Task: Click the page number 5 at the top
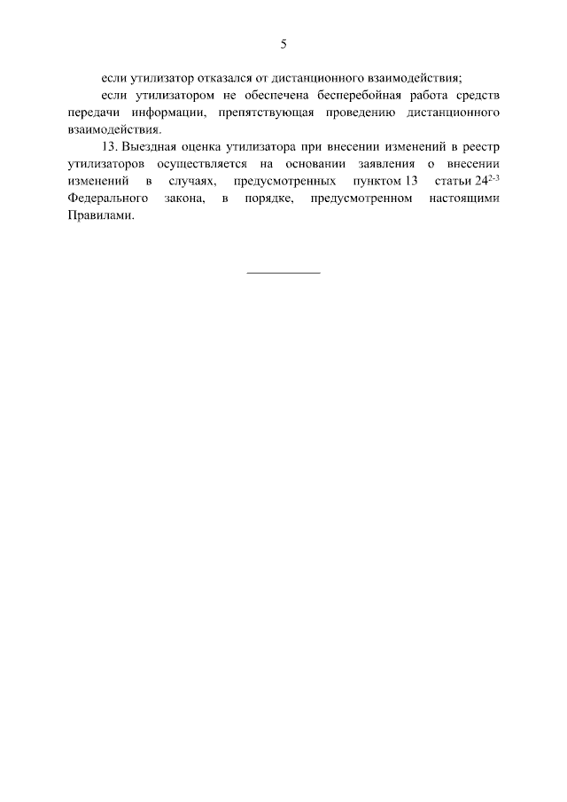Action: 283,43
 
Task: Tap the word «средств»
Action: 476,96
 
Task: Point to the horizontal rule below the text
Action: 283,272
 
